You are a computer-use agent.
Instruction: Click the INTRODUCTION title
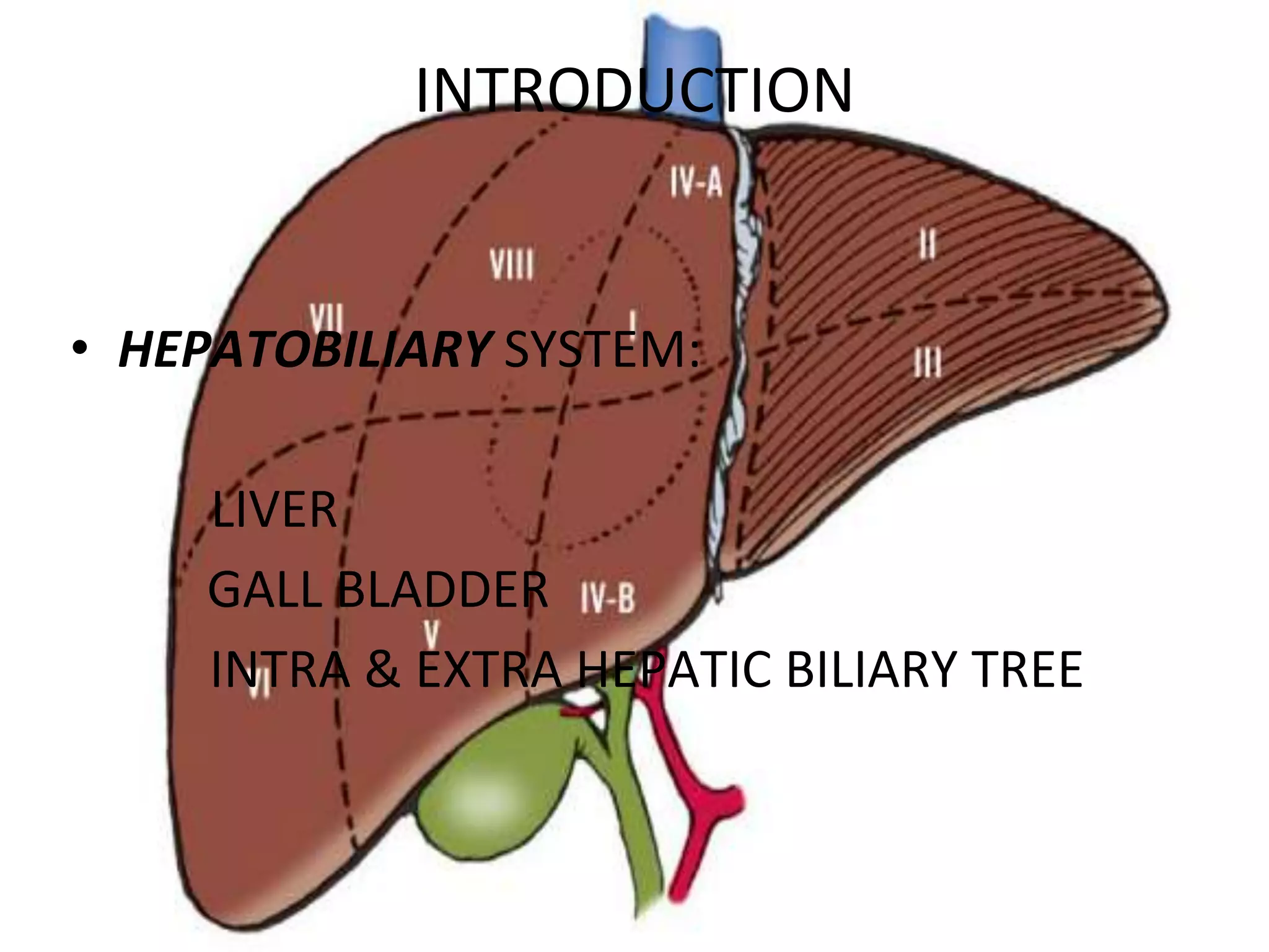[633, 90]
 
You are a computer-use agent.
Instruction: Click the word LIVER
[274, 509]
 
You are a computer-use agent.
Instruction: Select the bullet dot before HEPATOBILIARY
[79, 349]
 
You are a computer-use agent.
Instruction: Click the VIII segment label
[511, 265]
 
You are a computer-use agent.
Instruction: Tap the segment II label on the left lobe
[927, 244]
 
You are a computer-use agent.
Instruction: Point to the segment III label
[928, 362]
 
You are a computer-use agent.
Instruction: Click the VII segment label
[327, 316]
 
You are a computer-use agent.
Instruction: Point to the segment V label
[431, 633]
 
